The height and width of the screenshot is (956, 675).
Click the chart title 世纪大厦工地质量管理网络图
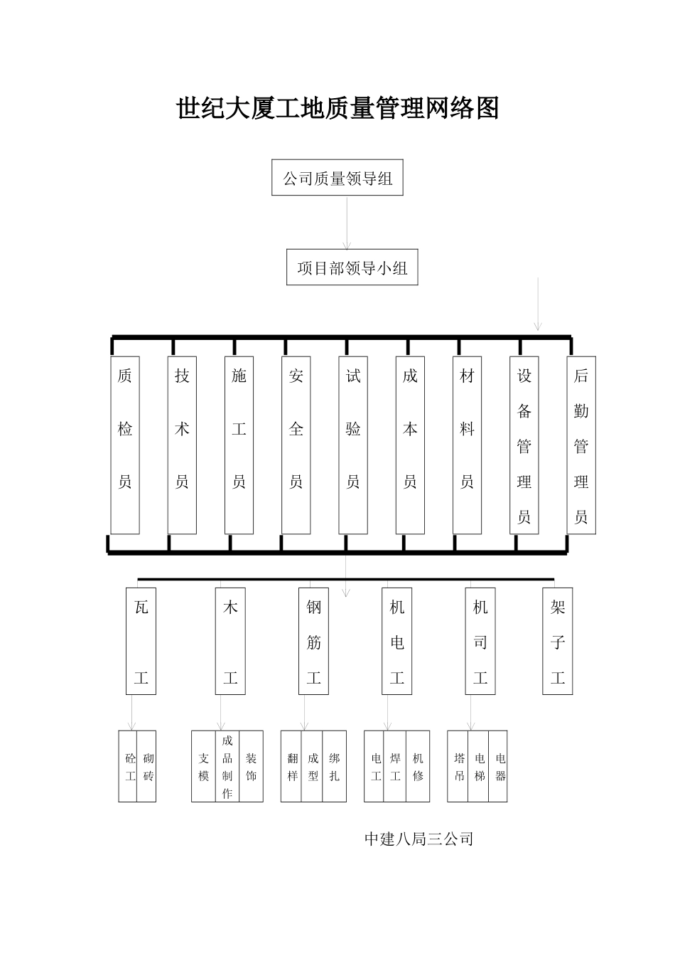click(x=337, y=109)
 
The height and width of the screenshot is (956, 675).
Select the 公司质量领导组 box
click(x=337, y=178)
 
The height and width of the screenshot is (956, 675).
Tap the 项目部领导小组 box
click(x=352, y=267)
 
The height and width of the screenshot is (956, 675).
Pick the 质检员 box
click(x=125, y=445)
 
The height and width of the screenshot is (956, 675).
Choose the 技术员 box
click(x=182, y=445)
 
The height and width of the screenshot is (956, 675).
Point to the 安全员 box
click(x=296, y=445)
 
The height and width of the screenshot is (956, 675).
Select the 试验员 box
click(x=353, y=445)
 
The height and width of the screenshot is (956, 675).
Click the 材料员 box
click(x=467, y=445)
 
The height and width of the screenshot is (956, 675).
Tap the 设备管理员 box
click(x=524, y=445)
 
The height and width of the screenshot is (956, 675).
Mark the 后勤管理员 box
click(x=581, y=445)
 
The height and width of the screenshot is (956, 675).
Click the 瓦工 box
click(x=141, y=641)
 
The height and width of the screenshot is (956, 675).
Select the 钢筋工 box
click(x=314, y=641)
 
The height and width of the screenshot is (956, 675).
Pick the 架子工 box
click(x=558, y=641)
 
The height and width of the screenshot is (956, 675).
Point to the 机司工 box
click(x=480, y=641)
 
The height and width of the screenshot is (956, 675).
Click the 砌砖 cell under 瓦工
click(x=147, y=767)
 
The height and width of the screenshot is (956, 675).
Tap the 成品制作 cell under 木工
click(x=227, y=767)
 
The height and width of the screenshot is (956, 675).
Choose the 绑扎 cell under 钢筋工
click(x=335, y=767)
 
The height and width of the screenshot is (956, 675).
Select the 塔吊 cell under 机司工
click(x=459, y=767)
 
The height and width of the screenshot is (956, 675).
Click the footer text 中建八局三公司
click(x=418, y=839)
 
